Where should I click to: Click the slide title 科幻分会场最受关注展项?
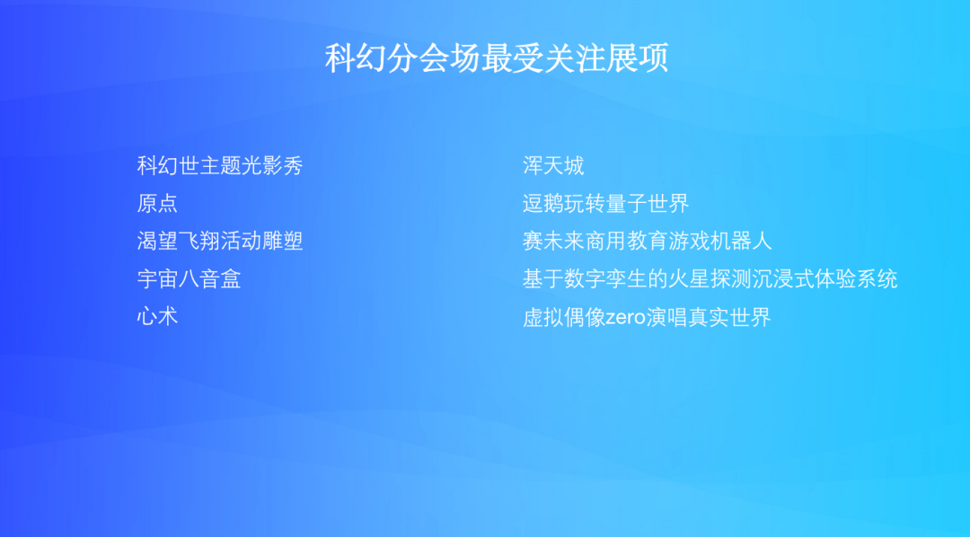(497, 59)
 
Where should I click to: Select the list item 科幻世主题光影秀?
(220, 166)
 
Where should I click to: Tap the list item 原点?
(157, 204)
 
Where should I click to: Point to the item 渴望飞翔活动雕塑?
(220, 242)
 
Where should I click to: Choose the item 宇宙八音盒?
(189, 279)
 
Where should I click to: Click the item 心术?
(157, 317)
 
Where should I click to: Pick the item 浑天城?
(553, 166)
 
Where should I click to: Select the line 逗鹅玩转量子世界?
(605, 204)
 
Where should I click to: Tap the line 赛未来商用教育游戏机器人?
(647, 242)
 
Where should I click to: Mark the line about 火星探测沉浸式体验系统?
(710, 279)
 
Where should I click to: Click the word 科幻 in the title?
(354, 59)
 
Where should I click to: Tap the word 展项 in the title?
(639, 59)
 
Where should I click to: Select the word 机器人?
(741, 242)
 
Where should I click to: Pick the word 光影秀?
(272, 166)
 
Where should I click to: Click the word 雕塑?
(283, 242)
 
